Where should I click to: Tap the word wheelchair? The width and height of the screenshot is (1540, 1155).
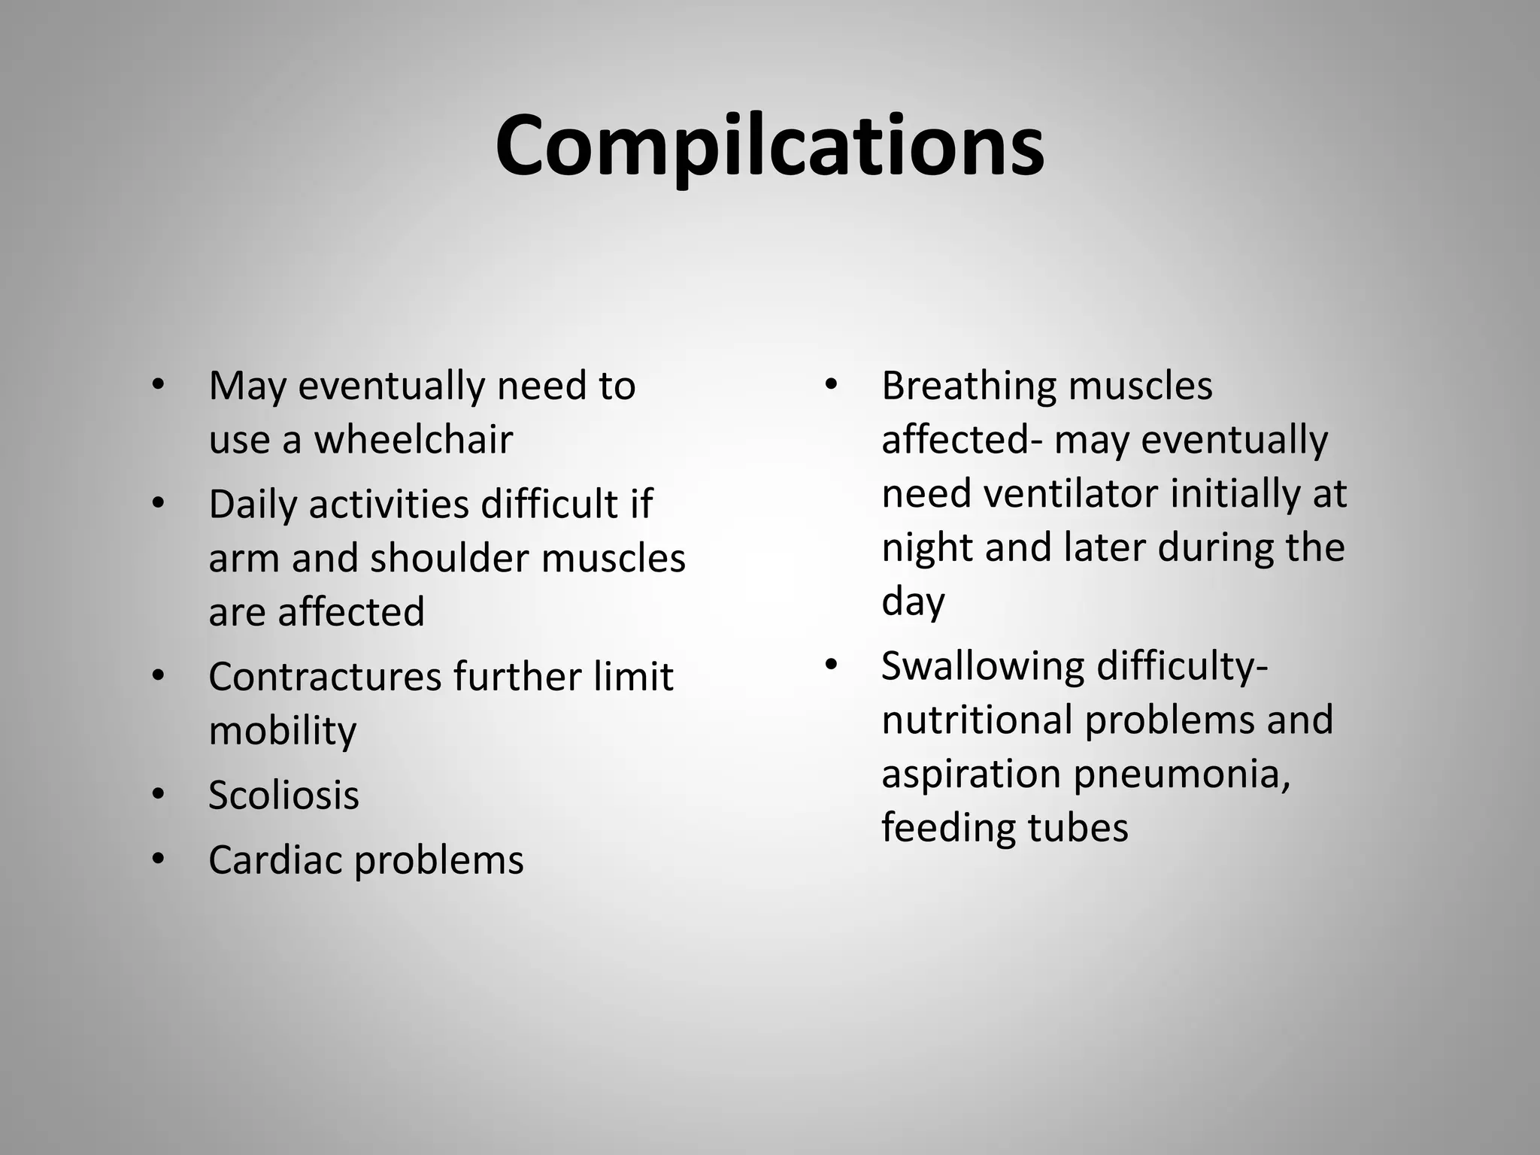tap(413, 440)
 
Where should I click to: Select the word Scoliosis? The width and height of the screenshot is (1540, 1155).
tap(283, 796)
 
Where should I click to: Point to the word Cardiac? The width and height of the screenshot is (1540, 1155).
tap(275, 860)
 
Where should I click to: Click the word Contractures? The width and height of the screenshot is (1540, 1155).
tap(325, 677)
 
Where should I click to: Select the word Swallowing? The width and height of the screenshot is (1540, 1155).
tap(983, 667)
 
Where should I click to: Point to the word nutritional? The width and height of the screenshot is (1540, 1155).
tap(977, 720)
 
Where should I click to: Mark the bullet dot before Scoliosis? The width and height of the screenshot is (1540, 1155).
tap(157, 794)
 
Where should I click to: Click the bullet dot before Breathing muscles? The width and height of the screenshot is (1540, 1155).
tap(830, 385)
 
